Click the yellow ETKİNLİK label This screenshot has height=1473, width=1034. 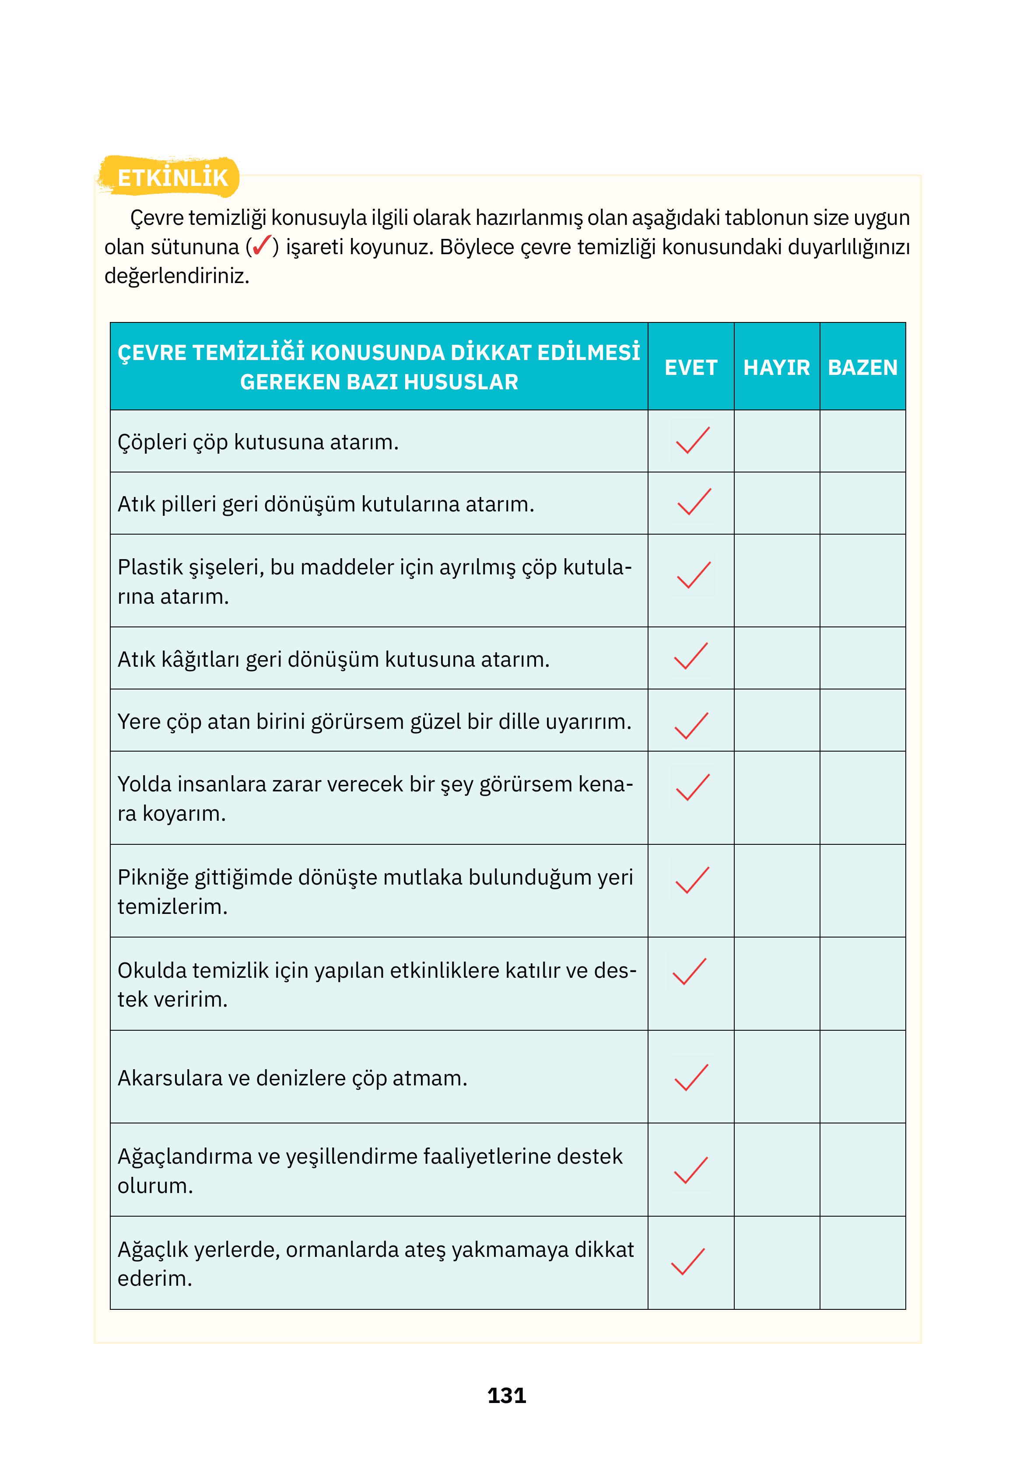172,178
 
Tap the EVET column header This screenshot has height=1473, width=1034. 690,367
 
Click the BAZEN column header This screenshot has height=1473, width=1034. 862,367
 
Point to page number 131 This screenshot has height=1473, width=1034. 506,1396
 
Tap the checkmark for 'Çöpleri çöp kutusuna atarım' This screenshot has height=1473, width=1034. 692,441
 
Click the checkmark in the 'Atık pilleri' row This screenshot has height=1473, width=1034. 693,502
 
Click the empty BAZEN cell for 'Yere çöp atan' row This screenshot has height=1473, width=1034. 862,721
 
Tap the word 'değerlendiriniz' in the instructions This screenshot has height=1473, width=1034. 176,276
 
